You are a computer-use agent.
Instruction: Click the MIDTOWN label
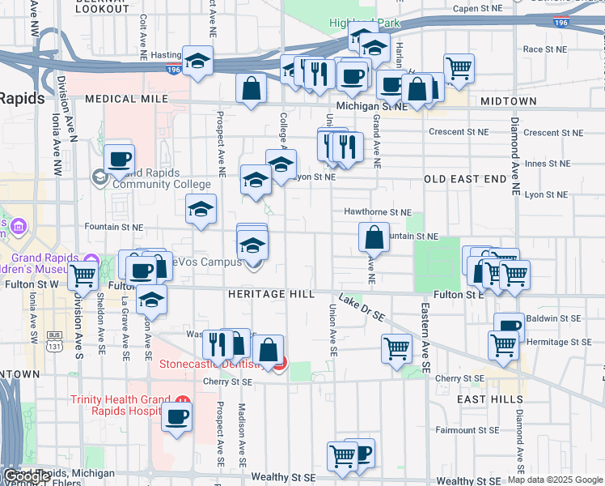click(508, 101)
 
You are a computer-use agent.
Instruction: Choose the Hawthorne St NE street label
click(379, 212)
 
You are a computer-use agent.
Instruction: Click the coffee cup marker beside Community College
click(119, 159)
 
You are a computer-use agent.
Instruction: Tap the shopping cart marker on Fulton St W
click(83, 275)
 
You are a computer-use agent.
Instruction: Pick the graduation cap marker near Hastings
click(197, 61)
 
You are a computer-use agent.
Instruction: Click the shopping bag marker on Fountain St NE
click(374, 237)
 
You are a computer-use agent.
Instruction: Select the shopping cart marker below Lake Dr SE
click(396, 348)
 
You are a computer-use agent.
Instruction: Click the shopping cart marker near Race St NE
click(459, 68)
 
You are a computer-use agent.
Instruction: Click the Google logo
click(26, 476)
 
